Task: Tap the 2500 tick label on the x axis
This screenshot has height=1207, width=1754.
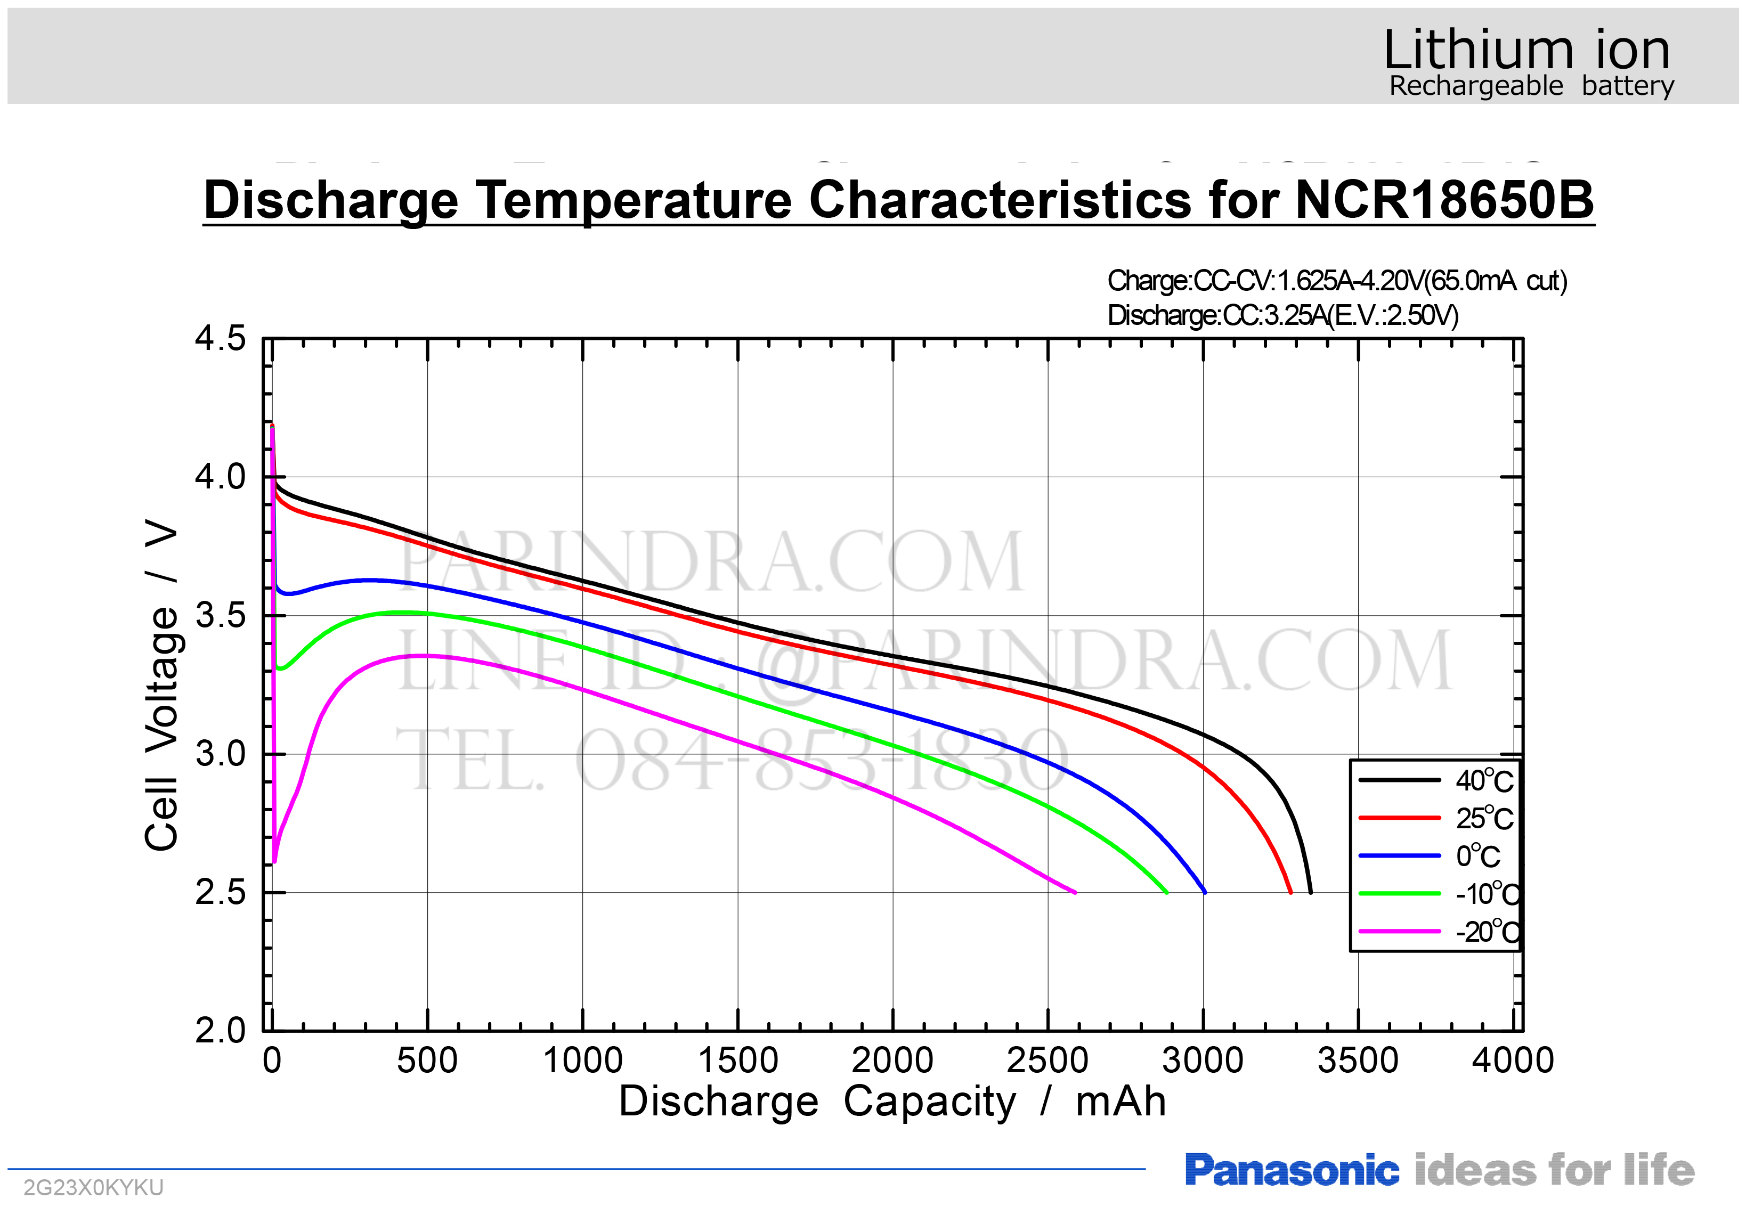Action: pos(1047,1061)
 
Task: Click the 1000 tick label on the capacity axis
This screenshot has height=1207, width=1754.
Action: pos(582,1061)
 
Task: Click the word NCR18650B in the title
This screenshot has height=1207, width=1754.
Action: pos(1444,200)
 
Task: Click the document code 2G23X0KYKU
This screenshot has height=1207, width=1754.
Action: pos(93,1187)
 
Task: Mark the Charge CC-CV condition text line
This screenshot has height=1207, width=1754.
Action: pos(1336,281)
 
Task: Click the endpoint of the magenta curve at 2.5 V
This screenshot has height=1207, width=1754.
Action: pos(1075,892)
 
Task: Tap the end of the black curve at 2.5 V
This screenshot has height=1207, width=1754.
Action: pos(1311,892)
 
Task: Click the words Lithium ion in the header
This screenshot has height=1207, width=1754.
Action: pos(1526,50)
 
